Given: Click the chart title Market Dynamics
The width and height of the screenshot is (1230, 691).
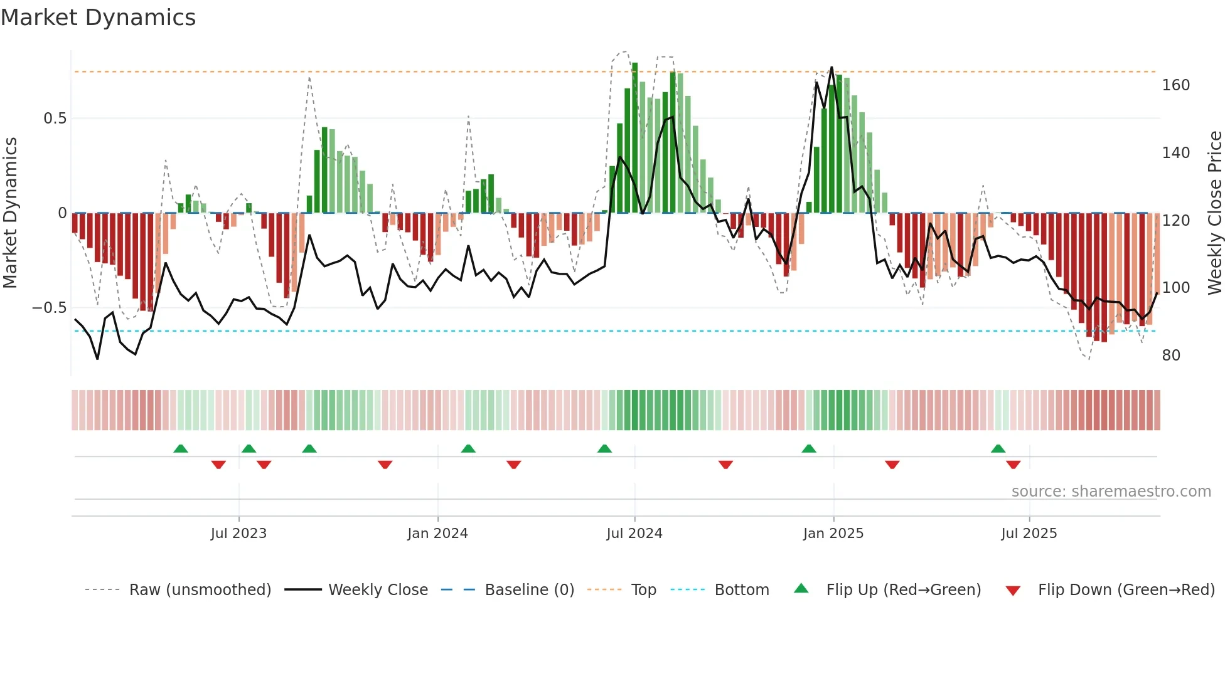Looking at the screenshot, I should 98,18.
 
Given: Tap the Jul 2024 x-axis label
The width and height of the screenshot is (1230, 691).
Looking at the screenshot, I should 634,534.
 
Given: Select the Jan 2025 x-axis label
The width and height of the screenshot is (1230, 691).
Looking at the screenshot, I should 833,534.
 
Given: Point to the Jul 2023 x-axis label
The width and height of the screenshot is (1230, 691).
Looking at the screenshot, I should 238,534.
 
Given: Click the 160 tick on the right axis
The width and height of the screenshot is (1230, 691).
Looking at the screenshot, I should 1175,85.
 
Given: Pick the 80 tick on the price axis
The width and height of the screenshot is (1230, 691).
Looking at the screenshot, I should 1171,356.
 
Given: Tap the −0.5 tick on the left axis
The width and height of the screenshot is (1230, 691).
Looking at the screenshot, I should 49,308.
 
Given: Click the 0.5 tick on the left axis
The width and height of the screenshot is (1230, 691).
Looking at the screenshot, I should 55,119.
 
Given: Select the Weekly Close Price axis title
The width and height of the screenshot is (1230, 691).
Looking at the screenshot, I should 1215,213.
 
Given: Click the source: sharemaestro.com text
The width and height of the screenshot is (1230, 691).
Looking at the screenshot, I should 1111,492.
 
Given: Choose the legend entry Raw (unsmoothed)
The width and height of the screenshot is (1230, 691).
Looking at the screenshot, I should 200,590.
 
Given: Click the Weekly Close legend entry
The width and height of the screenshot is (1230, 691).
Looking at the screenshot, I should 378,590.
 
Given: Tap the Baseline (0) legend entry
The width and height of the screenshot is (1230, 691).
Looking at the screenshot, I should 529,590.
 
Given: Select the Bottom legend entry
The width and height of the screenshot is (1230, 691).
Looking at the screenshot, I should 741,590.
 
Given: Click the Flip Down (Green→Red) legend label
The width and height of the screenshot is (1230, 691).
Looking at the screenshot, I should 1126,590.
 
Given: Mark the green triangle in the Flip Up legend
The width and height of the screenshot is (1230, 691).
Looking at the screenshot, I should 801,589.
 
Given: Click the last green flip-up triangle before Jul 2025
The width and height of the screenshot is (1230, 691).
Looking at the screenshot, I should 998,449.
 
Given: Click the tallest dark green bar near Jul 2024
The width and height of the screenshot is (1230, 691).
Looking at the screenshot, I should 634,138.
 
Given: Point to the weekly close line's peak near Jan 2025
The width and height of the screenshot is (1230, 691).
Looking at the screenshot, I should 832,68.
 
